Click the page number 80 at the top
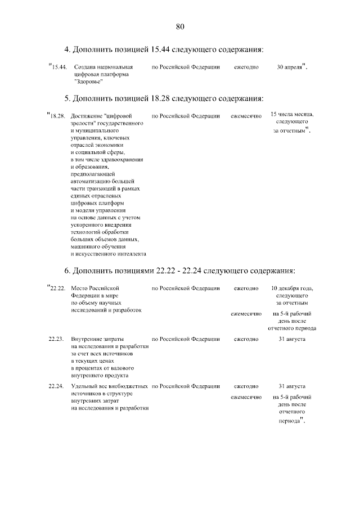pos(180,26)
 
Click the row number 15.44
pos(59,67)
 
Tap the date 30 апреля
pos(290,67)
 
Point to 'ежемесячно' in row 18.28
pos(246,116)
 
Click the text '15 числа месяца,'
pos(292,114)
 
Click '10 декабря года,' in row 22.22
pos(292,289)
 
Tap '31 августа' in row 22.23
pos(292,340)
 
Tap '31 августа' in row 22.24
pos(292,386)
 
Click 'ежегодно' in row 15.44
pos(246,67)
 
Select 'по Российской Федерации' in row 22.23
pos(186,340)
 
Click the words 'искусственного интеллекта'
pos(108,254)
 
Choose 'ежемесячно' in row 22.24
pos(246,398)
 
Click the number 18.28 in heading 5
pos(165,98)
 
